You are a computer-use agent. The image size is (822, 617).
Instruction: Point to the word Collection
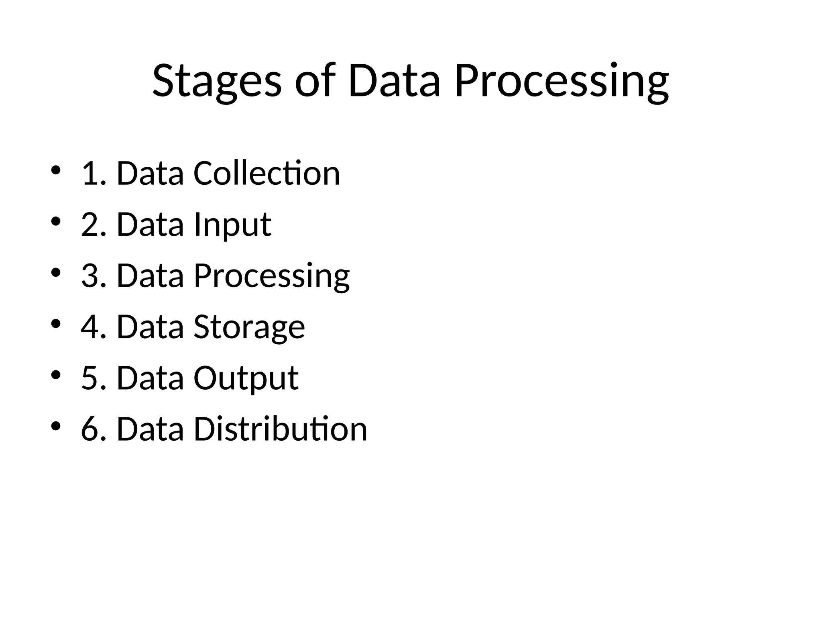pyautogui.click(x=267, y=173)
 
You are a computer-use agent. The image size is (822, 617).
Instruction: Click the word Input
pyautogui.click(x=232, y=225)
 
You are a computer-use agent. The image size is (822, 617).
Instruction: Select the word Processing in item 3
pyautogui.click(x=271, y=276)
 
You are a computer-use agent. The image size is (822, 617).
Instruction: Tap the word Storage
pyautogui.click(x=249, y=327)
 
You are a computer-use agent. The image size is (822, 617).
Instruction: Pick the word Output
pyautogui.click(x=246, y=378)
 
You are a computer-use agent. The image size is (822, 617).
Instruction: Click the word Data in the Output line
pyautogui.click(x=150, y=378)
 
